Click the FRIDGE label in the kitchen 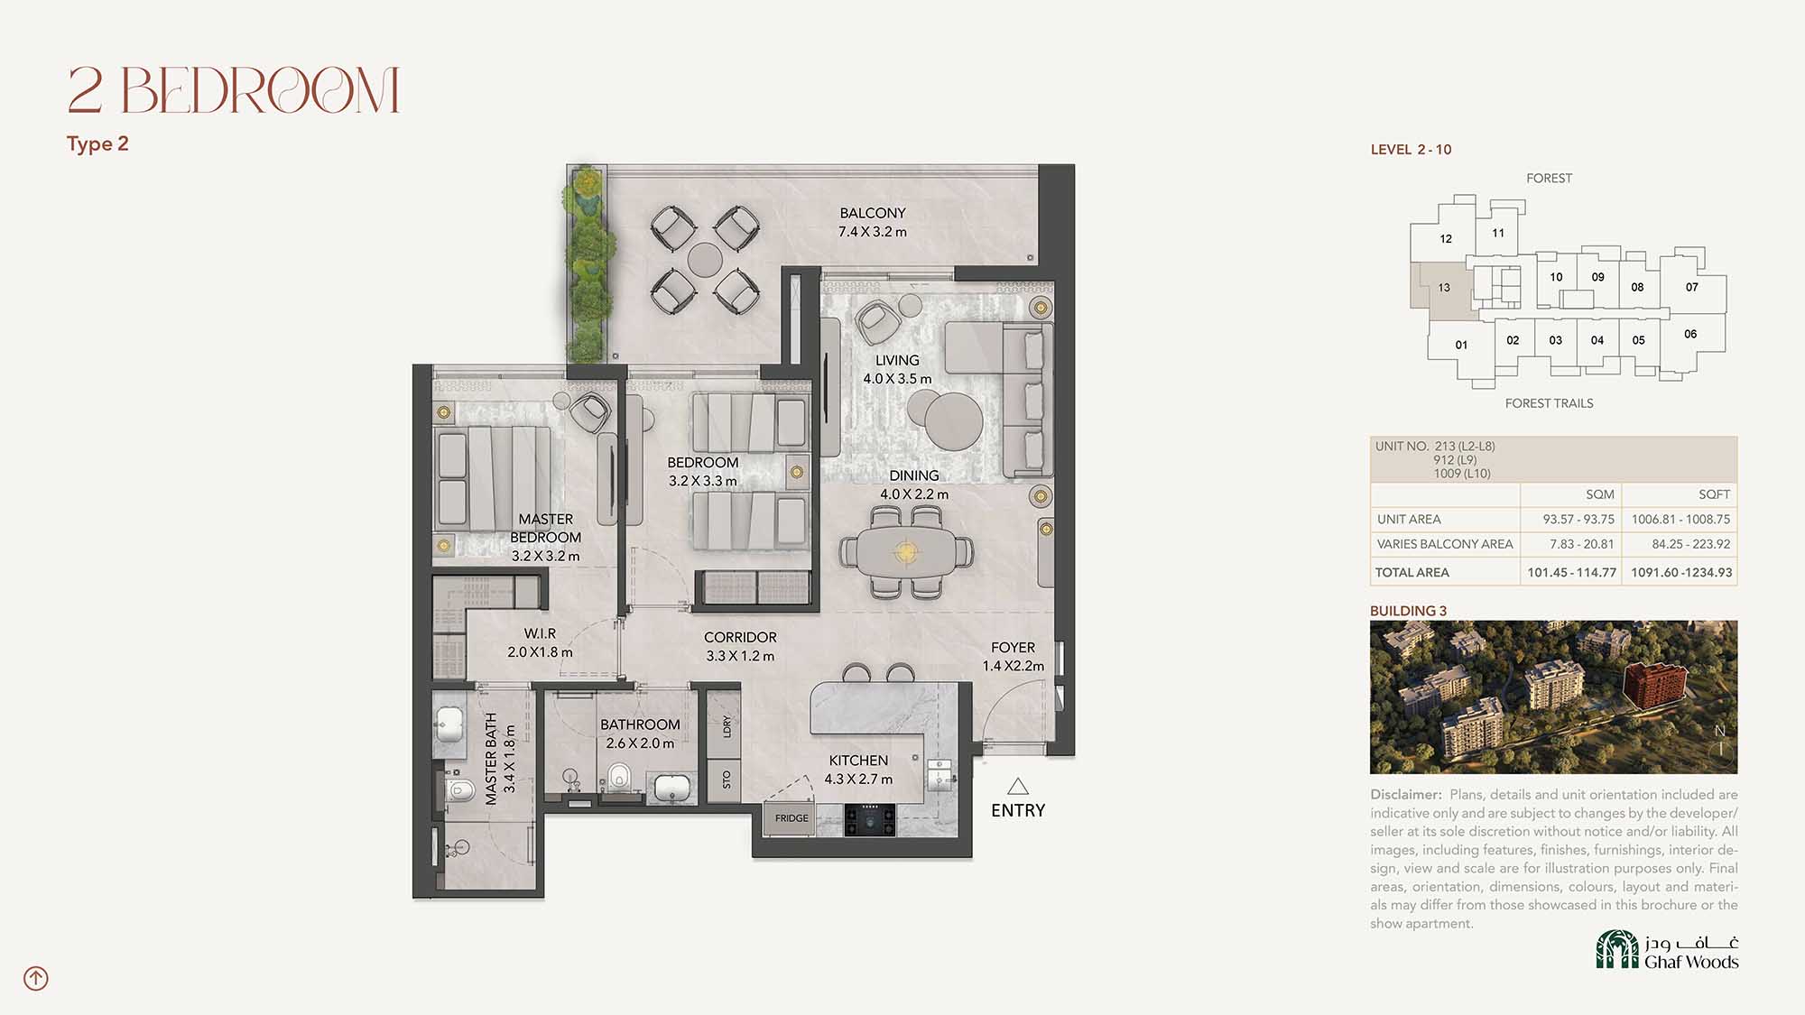point(791,818)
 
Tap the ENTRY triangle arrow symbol point(1018,786)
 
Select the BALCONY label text point(873,213)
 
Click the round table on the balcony point(705,260)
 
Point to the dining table point(906,550)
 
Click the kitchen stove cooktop point(870,820)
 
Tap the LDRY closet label point(727,726)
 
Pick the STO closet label point(727,780)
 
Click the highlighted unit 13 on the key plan point(1444,289)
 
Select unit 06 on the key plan point(1690,334)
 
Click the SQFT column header point(1714,494)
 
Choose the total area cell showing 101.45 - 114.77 point(1571,572)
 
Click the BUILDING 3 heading point(1408,611)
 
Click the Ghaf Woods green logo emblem point(1617,949)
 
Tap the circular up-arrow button point(36,978)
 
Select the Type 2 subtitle point(97,144)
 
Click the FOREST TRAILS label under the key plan point(1549,403)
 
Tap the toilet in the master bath point(460,792)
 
